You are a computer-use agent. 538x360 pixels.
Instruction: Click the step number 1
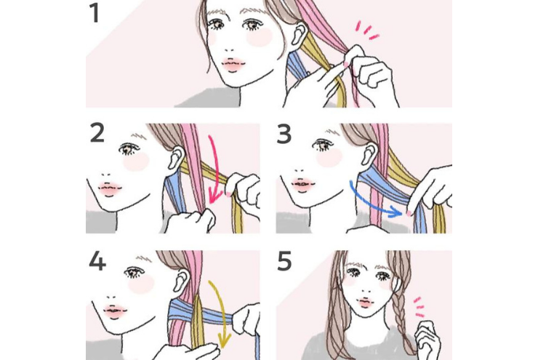[95, 13]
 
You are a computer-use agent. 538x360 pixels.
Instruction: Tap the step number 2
[97, 133]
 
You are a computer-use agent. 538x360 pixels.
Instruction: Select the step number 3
[284, 134]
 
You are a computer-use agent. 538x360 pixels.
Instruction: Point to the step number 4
[97, 261]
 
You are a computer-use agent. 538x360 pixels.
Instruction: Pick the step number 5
[284, 261]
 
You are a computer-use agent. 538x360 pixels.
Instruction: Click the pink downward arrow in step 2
[217, 168]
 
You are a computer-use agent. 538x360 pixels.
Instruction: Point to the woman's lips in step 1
[233, 64]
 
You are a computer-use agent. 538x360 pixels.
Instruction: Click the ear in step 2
[177, 157]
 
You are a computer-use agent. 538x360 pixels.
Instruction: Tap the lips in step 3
[302, 184]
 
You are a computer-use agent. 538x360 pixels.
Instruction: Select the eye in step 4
[134, 273]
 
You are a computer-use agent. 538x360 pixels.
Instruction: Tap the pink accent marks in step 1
[367, 30]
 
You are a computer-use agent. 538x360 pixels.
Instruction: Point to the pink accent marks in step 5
[419, 307]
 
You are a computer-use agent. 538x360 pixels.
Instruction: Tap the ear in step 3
[370, 156]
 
